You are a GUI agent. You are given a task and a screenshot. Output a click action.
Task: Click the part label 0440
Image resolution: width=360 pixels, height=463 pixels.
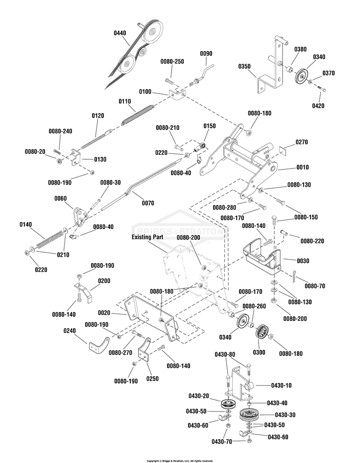point(120,33)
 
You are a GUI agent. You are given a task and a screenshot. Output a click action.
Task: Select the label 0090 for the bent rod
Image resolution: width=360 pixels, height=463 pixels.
point(206,53)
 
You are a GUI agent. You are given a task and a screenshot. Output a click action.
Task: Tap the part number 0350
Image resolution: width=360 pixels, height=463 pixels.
point(244,67)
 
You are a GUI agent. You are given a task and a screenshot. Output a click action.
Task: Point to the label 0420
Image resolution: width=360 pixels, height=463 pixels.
point(318,106)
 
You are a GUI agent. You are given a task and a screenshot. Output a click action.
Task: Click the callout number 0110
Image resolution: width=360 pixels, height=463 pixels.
point(125,101)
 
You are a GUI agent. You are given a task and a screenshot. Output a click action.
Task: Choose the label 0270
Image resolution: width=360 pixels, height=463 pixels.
point(302,142)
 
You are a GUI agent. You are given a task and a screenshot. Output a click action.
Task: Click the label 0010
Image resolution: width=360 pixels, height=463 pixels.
point(303,168)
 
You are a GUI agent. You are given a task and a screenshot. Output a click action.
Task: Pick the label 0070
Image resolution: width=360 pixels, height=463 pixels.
point(148,203)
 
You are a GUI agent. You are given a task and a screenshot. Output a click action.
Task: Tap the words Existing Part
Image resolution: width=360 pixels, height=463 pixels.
point(147,237)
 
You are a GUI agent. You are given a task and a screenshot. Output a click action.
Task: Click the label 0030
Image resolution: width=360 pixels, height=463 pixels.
point(303,261)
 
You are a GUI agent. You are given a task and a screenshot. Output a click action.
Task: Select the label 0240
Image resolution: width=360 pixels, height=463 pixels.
point(70,331)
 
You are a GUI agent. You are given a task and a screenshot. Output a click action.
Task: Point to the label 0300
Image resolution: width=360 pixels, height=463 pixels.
point(259,352)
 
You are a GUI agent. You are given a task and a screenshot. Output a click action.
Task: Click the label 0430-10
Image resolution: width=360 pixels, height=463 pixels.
point(281,385)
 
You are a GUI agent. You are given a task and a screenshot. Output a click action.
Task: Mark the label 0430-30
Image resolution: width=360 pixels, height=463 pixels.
point(285,415)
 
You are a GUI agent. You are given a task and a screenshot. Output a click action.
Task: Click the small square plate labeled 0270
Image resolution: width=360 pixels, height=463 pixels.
point(283,150)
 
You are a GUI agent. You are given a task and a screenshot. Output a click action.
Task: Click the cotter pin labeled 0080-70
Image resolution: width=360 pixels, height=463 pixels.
point(294,276)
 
